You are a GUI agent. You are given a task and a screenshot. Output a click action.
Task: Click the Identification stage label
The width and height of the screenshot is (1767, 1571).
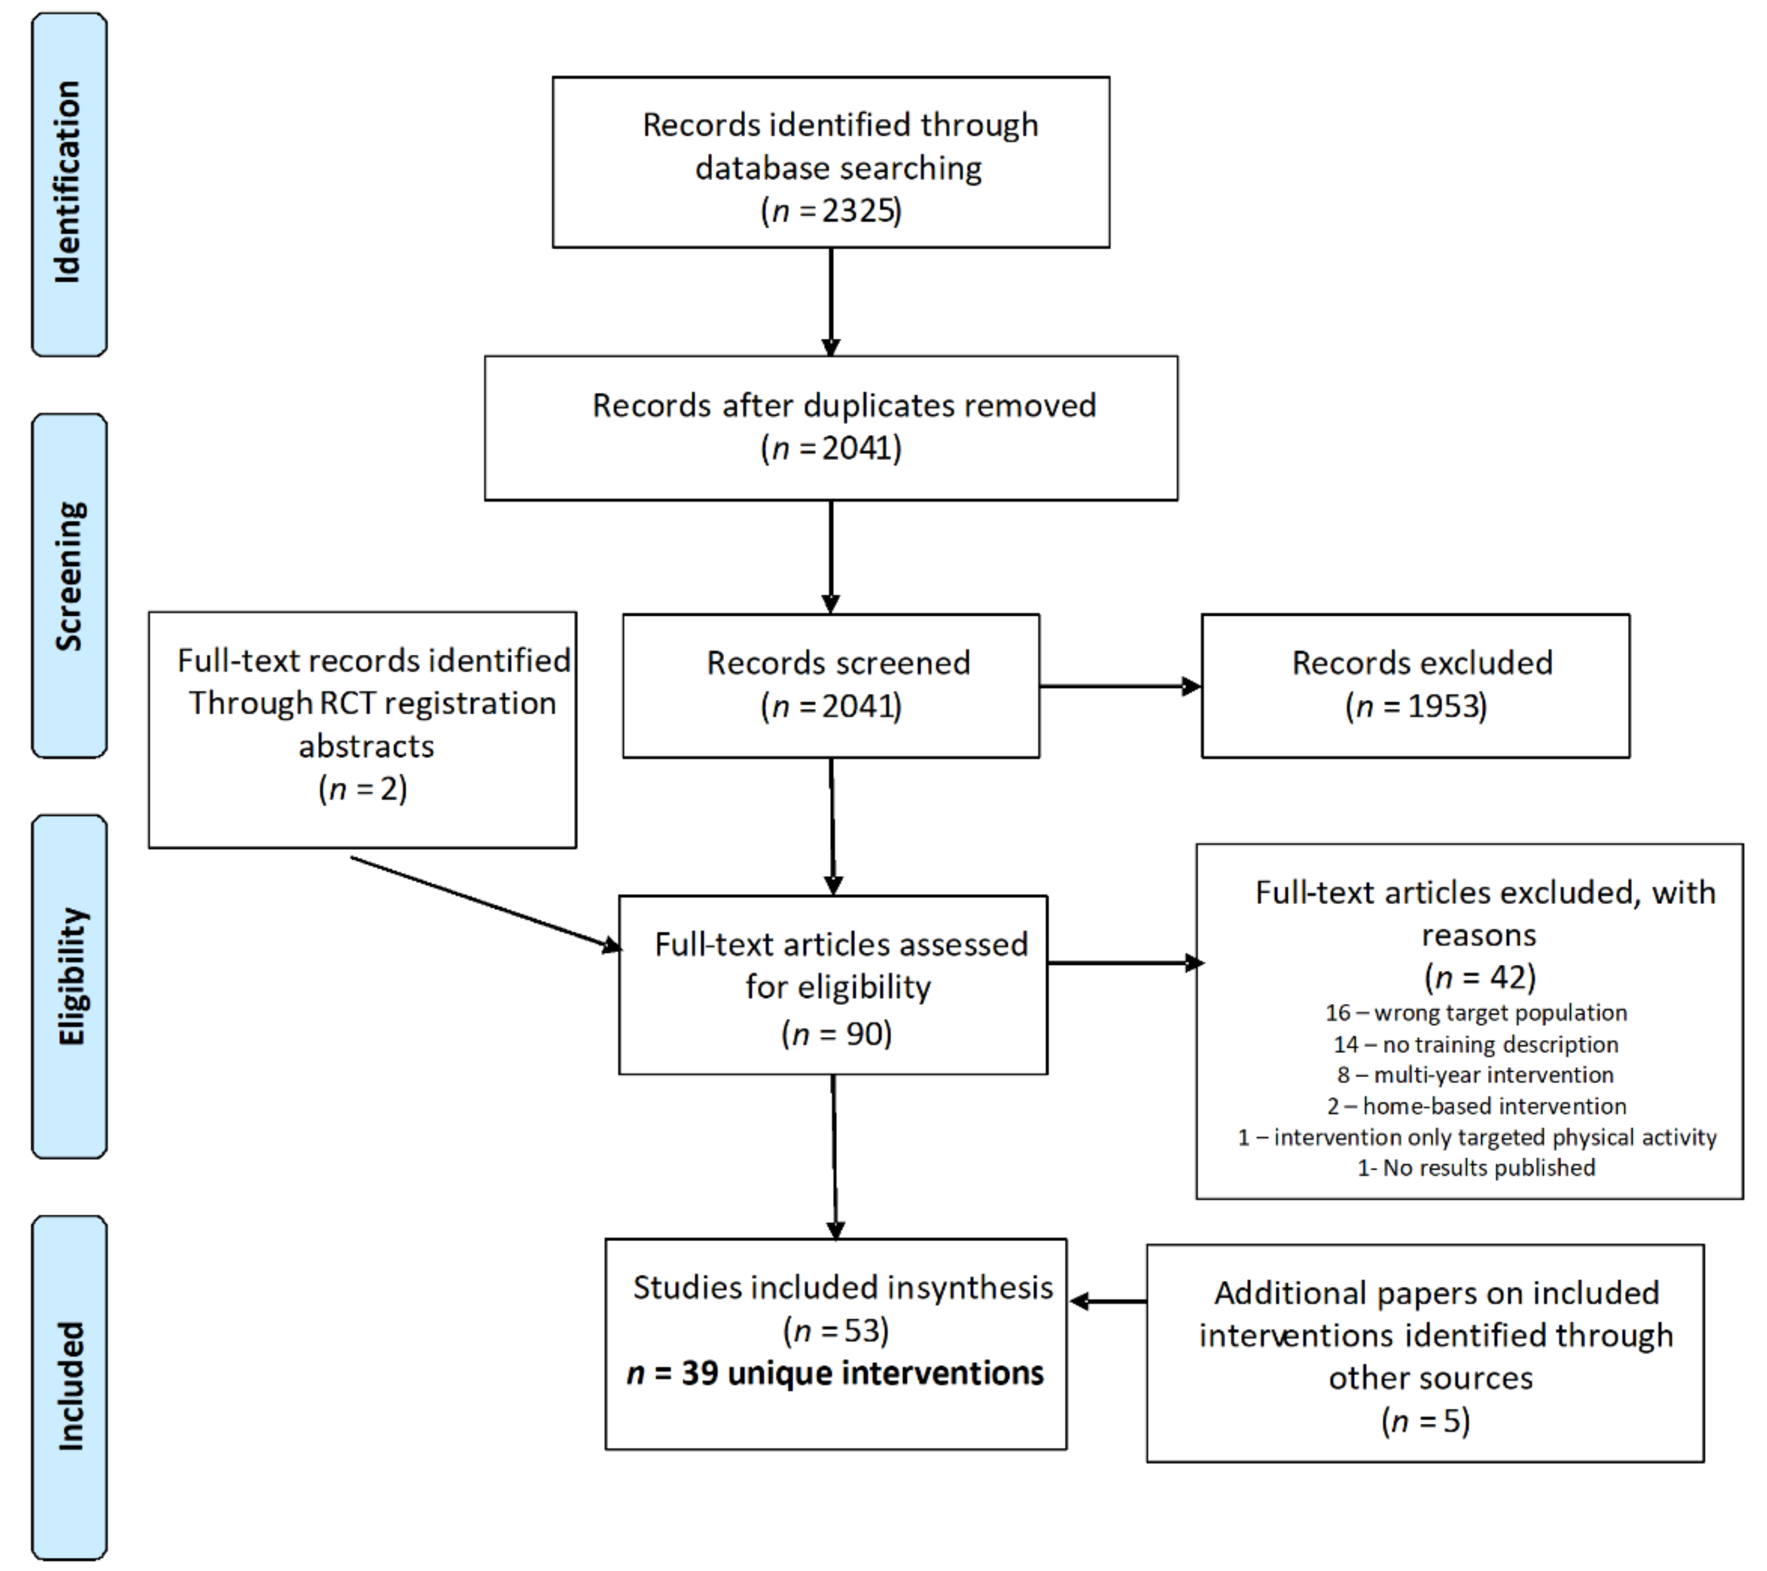pos(69,183)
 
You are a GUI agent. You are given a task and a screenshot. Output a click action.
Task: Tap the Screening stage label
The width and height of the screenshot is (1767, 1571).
pos(69,576)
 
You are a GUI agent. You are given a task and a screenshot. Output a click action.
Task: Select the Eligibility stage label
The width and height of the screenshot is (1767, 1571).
pos(71,977)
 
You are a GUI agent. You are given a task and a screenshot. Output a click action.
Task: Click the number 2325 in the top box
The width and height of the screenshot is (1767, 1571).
pos(859,211)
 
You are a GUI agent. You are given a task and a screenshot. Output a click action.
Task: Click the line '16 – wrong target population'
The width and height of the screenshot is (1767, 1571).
pos(1476,1012)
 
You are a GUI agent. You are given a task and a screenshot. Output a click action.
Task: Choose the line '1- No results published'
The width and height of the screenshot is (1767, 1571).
pos(1476,1168)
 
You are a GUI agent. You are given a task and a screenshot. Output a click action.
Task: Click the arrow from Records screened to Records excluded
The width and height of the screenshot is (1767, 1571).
pos(1120,687)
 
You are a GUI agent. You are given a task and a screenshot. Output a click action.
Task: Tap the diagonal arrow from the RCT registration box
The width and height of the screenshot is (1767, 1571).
pos(484,902)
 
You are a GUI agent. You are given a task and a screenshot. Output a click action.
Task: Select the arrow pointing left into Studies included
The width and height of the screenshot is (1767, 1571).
pos(1109,1300)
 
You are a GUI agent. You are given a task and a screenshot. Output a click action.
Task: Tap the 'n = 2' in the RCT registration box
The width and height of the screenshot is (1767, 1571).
pos(363,788)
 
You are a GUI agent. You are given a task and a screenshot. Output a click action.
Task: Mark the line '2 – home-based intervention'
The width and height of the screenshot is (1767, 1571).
pos(1476,1106)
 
